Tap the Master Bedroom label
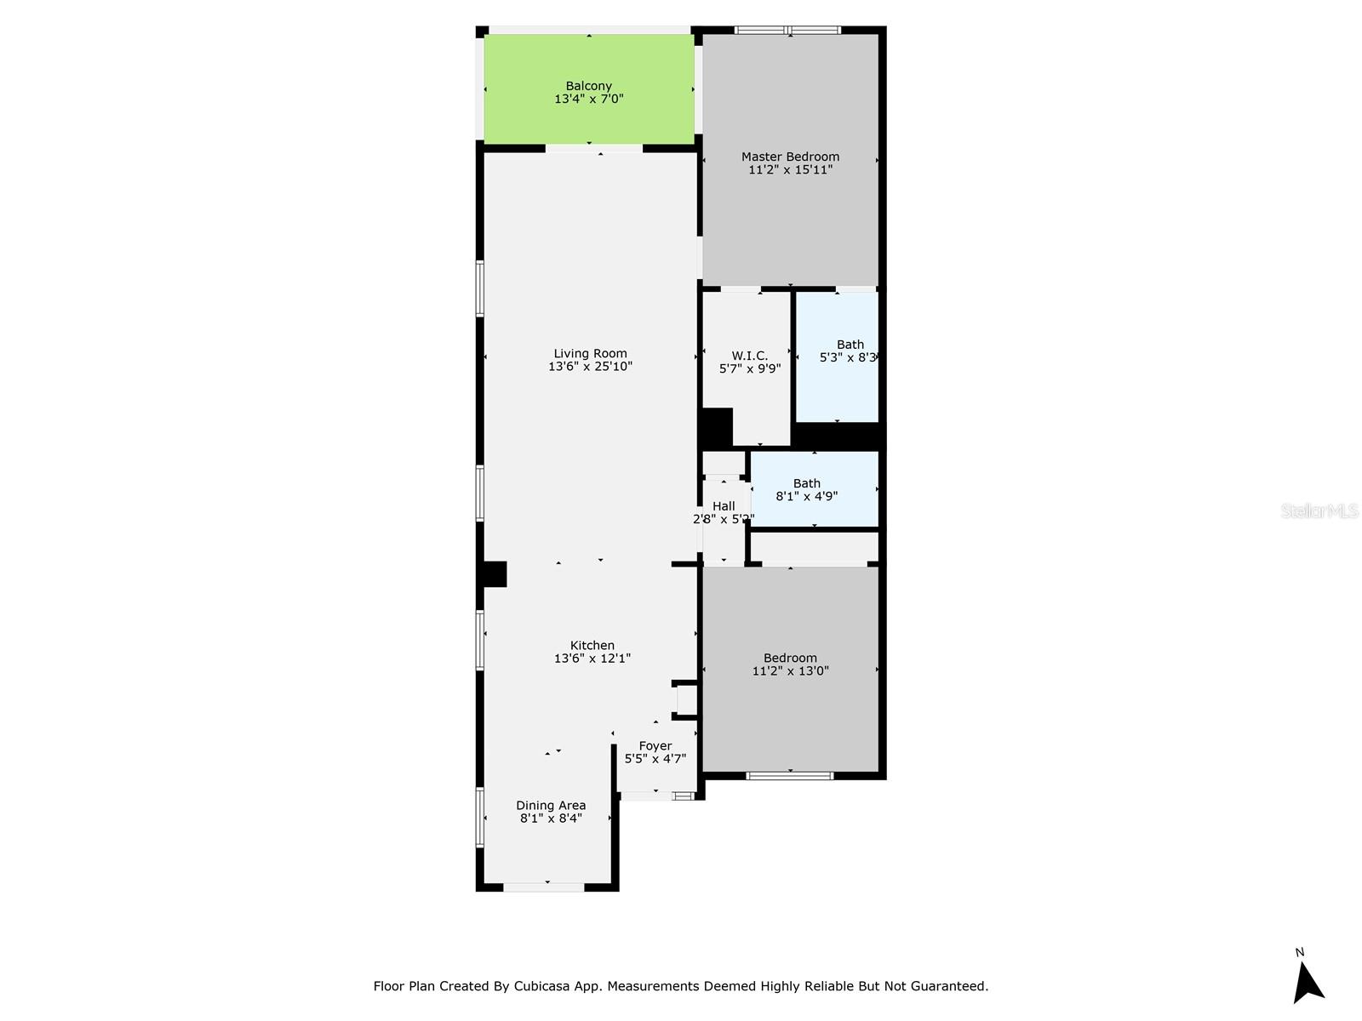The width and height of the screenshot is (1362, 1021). click(790, 157)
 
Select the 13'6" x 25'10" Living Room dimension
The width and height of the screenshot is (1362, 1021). click(590, 367)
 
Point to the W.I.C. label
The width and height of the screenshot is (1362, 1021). click(749, 356)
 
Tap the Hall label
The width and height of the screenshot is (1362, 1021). click(724, 506)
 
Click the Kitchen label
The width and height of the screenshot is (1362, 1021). click(592, 646)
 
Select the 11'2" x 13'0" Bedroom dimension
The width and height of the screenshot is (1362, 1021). click(790, 670)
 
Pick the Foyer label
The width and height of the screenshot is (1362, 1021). click(655, 746)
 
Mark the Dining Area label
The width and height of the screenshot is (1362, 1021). click(551, 806)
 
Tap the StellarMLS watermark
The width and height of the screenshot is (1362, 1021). click(1319, 511)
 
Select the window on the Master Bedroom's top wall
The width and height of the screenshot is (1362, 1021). click(787, 31)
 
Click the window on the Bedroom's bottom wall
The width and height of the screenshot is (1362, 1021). click(790, 775)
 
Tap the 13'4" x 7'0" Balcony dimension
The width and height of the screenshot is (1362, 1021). click(589, 99)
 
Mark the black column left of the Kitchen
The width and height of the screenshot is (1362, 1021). click(493, 574)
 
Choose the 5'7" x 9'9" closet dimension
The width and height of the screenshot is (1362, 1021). click(749, 369)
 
